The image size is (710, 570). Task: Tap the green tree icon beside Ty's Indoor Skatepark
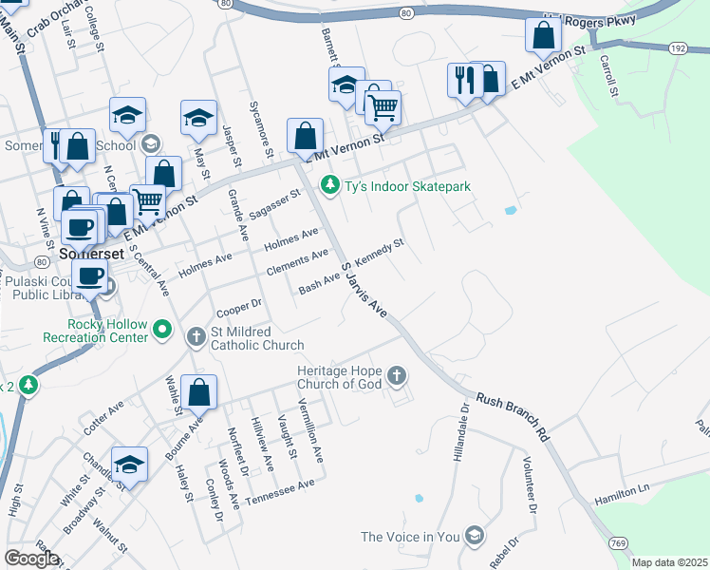click(x=329, y=185)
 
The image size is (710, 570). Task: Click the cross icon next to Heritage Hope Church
click(x=396, y=377)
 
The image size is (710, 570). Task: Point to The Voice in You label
click(x=409, y=537)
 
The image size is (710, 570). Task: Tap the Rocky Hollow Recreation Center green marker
click(x=162, y=330)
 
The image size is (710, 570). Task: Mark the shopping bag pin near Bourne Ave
click(x=199, y=391)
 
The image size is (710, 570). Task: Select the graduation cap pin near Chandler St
click(x=129, y=464)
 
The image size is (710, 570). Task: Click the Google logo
click(x=31, y=559)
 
